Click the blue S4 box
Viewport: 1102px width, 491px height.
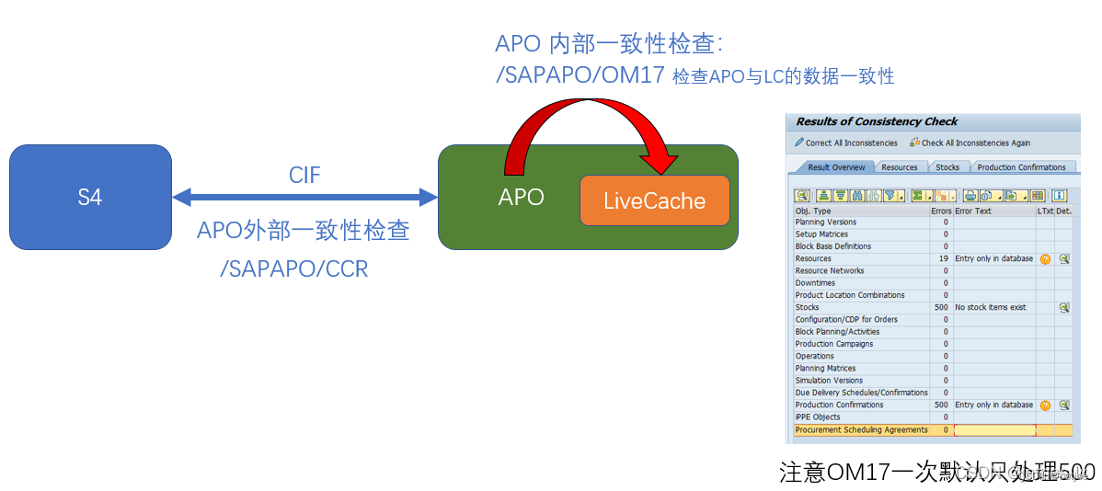pyautogui.click(x=90, y=197)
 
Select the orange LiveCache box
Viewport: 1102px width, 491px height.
pyautogui.click(x=654, y=200)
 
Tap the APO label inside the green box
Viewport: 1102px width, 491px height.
pyautogui.click(x=521, y=197)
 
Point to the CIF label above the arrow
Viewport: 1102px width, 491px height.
pyautogui.click(x=304, y=175)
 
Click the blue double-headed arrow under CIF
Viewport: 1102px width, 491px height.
pyautogui.click(x=304, y=196)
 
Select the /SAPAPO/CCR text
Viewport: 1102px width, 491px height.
pyautogui.click(x=293, y=269)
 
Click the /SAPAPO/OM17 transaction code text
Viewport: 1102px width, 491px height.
pyautogui.click(x=580, y=75)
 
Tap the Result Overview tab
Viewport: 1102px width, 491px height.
pyautogui.click(x=835, y=167)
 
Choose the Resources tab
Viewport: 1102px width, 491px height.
pyautogui.click(x=899, y=167)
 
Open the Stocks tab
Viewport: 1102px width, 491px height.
pyautogui.click(x=947, y=167)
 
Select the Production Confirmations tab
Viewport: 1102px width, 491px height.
pyautogui.click(x=1021, y=167)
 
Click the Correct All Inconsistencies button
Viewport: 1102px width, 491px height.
pyautogui.click(x=845, y=143)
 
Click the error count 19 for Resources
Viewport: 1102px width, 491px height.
pyautogui.click(x=943, y=259)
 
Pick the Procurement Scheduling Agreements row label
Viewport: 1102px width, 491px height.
pyautogui.click(x=861, y=429)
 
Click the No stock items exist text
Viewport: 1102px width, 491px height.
pyautogui.click(x=990, y=307)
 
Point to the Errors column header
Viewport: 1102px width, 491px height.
pyautogui.click(x=941, y=211)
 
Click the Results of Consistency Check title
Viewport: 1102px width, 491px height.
pyautogui.click(x=877, y=121)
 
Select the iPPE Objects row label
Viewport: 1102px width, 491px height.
pyautogui.click(x=818, y=417)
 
